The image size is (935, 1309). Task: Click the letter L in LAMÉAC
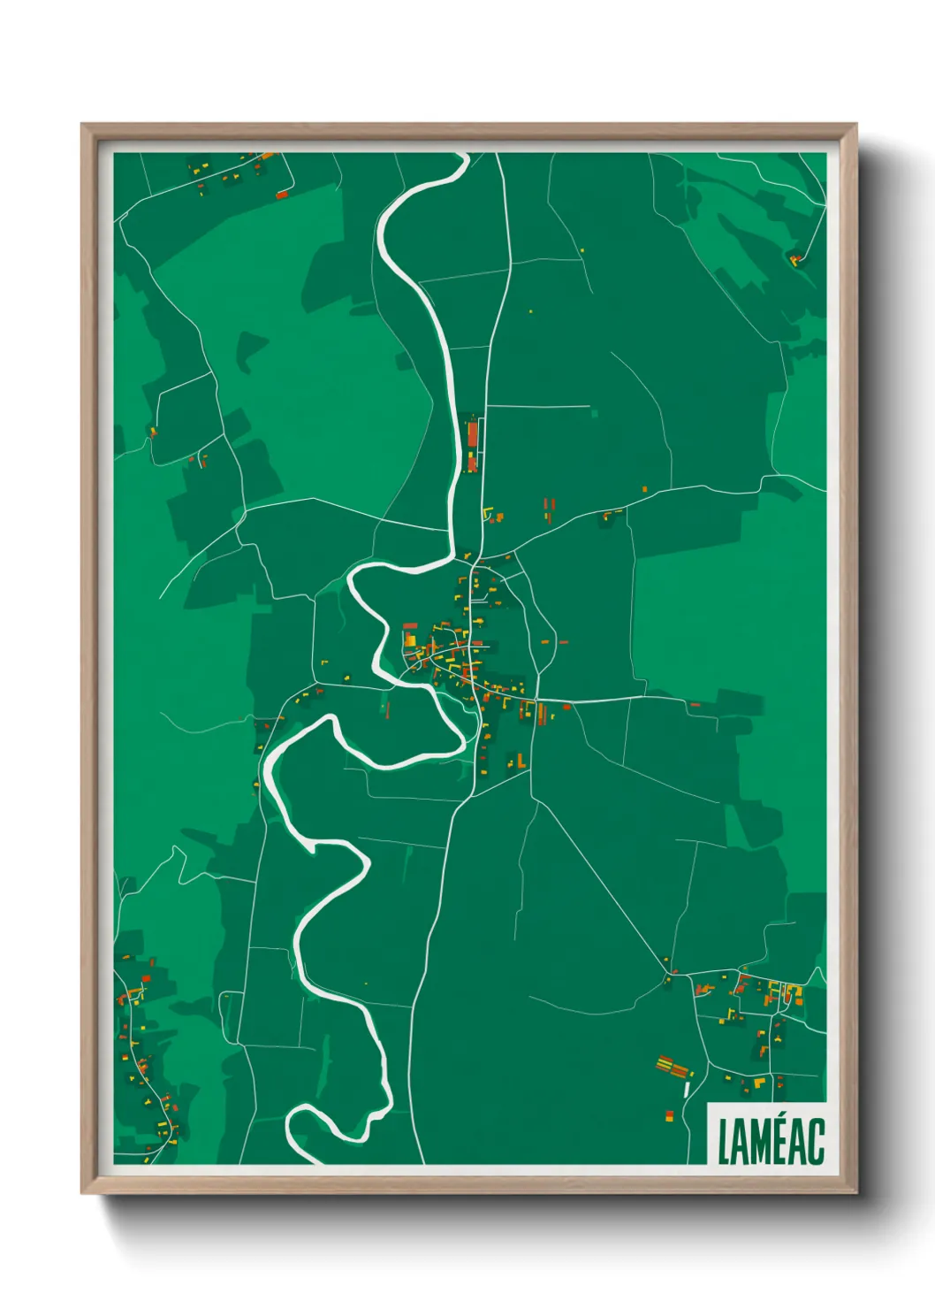click(x=723, y=1142)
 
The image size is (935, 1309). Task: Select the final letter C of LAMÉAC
click(x=817, y=1142)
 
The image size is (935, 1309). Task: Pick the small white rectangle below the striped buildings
click(x=687, y=1090)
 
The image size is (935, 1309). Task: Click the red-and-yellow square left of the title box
click(x=668, y=1116)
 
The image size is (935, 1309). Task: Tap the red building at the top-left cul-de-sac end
click(x=282, y=194)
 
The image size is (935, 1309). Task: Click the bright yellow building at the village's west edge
click(x=409, y=639)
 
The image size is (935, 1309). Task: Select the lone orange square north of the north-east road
click(x=644, y=488)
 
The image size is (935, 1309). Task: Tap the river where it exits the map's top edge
click(x=460, y=157)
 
